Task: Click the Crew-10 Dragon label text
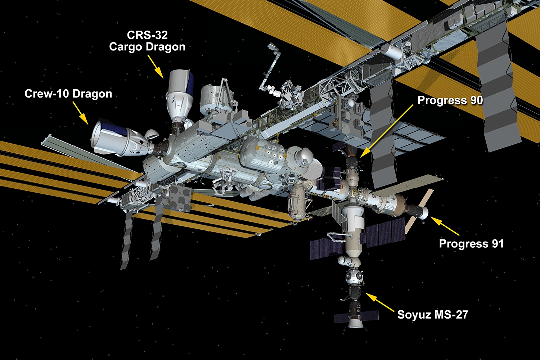(68, 94)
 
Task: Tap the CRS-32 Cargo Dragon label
(147, 41)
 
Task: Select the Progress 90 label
(450, 100)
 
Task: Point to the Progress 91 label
(471, 243)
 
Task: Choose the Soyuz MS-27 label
(433, 315)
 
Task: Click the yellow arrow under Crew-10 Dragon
(81, 113)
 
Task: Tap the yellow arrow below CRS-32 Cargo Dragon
(156, 67)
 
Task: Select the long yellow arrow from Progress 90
(387, 131)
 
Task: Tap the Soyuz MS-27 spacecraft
(354, 309)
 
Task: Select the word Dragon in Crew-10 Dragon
(92, 94)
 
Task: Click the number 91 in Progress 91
(498, 243)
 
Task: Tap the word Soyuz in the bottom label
(413, 315)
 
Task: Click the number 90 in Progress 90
(477, 100)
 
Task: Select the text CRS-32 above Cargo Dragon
(147, 35)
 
